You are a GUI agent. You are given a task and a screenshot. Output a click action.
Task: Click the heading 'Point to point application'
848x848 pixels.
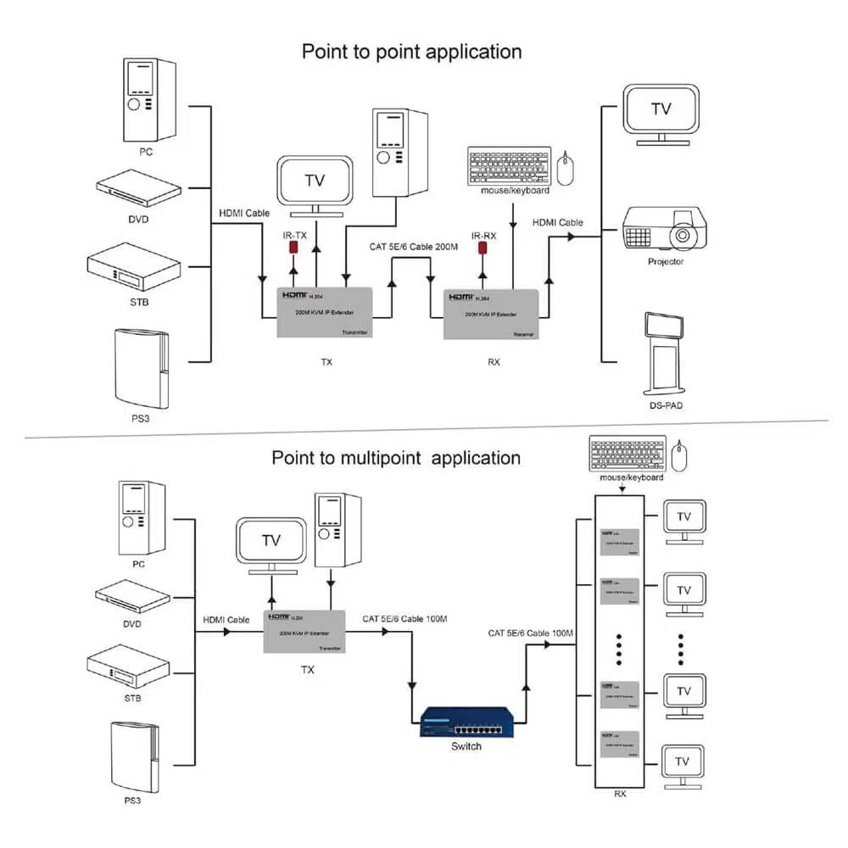coord(412,52)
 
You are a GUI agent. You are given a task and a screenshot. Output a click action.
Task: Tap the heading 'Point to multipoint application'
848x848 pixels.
coord(396,458)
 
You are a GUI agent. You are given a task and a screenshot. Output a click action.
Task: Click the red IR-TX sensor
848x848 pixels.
coord(294,248)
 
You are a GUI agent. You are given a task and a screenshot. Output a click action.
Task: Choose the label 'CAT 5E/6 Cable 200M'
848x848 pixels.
coord(413,247)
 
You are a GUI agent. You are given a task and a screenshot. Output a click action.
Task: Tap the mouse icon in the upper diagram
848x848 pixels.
coord(566,169)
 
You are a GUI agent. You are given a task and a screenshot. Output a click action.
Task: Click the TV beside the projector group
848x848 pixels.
coord(661,110)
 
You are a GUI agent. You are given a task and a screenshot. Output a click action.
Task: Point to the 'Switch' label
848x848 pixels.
coord(466,746)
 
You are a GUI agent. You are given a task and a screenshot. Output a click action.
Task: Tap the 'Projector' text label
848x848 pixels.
coord(666,262)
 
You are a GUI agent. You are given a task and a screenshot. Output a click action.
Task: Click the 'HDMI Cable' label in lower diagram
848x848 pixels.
coord(226,620)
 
